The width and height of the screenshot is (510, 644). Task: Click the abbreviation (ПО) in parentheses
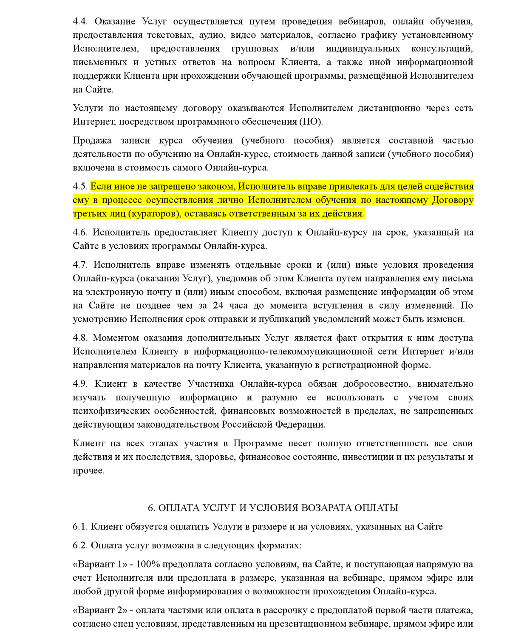(x=311, y=122)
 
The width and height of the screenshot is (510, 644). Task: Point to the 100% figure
(x=148, y=564)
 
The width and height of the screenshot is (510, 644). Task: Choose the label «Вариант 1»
(x=100, y=564)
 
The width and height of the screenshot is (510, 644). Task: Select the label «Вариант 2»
(x=100, y=610)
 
